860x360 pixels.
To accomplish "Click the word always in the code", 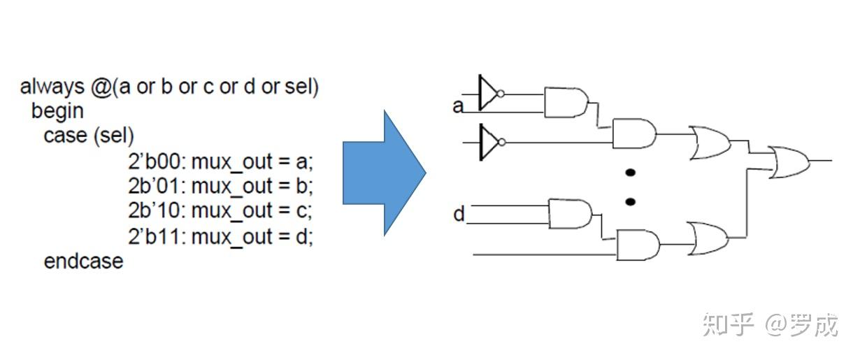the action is tap(52, 87).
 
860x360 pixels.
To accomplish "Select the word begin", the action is tap(57, 111).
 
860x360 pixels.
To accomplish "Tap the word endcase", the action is tap(84, 261).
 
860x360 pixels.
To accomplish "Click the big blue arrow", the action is tap(385, 173).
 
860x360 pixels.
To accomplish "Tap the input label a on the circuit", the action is tap(458, 106).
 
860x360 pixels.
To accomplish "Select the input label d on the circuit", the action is tap(459, 214).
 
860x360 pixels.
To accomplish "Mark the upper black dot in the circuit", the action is tap(631, 173).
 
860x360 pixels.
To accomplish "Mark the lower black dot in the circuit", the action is tap(631, 201).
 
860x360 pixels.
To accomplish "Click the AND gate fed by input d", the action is tap(571, 214).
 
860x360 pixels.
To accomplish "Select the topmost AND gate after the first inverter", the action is tap(566, 102).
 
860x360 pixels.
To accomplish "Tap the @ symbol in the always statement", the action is tap(102, 87).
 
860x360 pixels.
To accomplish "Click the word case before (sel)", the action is tap(65, 136).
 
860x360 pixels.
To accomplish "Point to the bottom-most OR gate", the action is tap(708, 239).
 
